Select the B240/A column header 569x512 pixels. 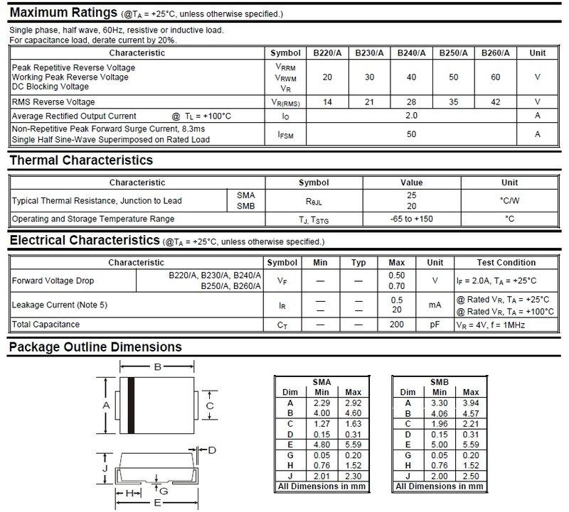pyautogui.click(x=411, y=53)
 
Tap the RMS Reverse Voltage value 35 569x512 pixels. pyautogui.click(x=453, y=102)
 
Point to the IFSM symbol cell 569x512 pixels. pyautogui.click(x=286, y=134)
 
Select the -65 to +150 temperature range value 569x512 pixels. pyautogui.click(x=411, y=219)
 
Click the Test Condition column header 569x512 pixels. pyautogui.click(x=506, y=263)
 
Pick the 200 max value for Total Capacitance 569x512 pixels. pyautogui.click(x=396, y=325)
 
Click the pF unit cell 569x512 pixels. pyautogui.click(x=435, y=325)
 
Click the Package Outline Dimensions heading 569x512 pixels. pyautogui.click(x=95, y=347)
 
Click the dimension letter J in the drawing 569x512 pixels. pyautogui.click(x=104, y=469)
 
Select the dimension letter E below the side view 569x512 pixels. pyautogui.click(x=156, y=503)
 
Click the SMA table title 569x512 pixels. pyautogui.click(x=321, y=382)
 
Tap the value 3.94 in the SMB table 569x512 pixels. pyautogui.click(x=471, y=403)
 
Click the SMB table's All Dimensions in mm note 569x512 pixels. pyautogui.click(x=440, y=486)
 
